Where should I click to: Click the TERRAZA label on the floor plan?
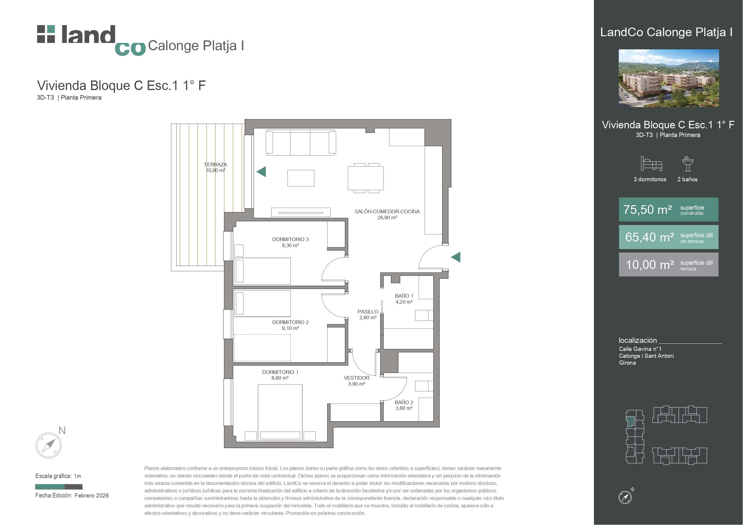click(x=215, y=164)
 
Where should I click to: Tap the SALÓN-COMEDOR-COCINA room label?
click(x=387, y=211)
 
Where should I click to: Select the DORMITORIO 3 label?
click(x=290, y=239)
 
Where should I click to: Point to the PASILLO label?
click(x=368, y=312)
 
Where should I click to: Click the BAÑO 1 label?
click(x=404, y=296)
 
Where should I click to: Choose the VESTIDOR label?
click(x=357, y=378)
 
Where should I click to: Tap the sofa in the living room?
click(x=301, y=142)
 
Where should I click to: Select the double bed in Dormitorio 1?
click(x=280, y=413)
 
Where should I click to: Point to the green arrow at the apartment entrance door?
click(x=456, y=257)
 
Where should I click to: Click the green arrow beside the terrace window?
click(x=261, y=171)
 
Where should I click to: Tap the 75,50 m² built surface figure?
click(x=648, y=210)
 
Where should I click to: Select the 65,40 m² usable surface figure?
click(x=650, y=237)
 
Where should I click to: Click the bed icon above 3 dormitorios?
click(x=651, y=164)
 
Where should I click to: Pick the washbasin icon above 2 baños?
click(x=688, y=164)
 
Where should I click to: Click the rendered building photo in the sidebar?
click(x=669, y=78)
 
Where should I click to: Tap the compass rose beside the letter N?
click(x=48, y=445)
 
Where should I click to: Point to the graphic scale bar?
click(x=59, y=486)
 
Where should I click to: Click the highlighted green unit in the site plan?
click(x=630, y=421)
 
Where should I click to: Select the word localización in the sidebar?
click(x=638, y=340)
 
